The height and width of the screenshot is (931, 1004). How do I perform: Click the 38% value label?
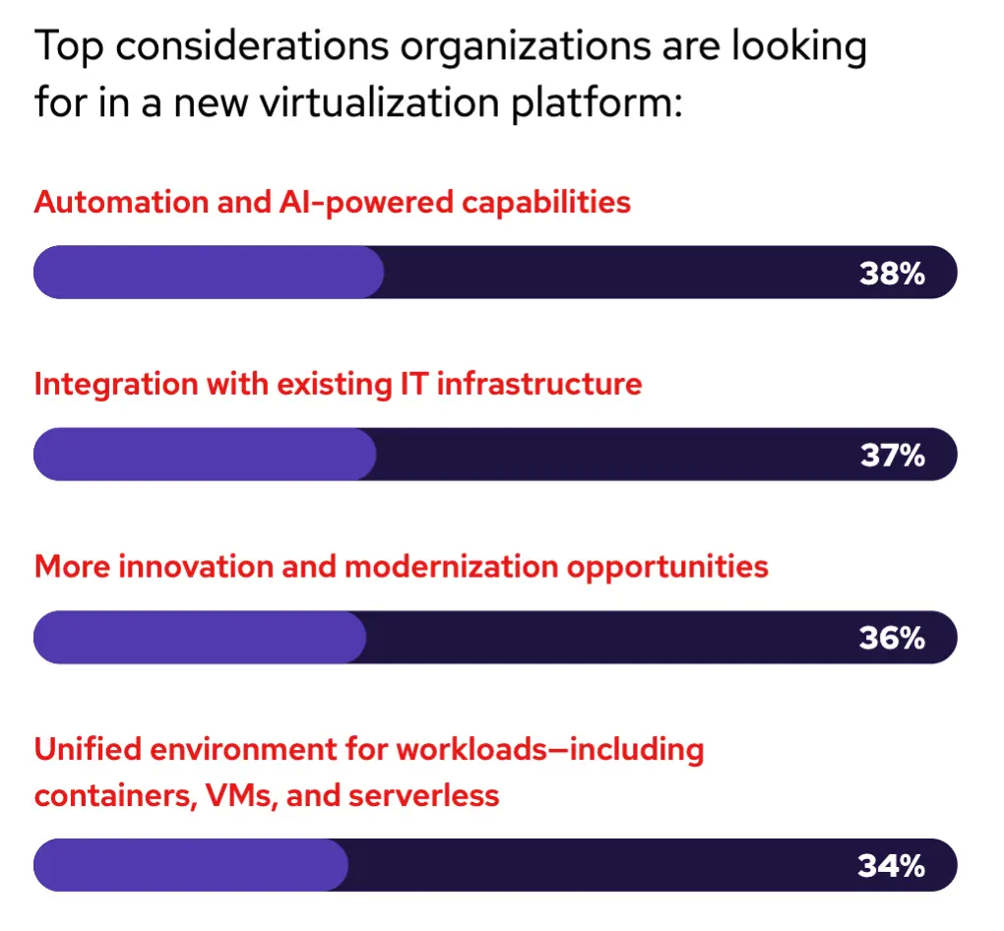[x=892, y=274]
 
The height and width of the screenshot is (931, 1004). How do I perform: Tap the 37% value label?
[x=892, y=456]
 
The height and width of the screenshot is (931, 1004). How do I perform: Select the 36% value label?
[x=892, y=639]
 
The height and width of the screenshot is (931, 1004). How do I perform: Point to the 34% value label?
[x=892, y=866]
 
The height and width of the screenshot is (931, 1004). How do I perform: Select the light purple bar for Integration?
[x=205, y=455]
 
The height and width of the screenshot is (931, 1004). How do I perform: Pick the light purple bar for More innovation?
[x=200, y=638]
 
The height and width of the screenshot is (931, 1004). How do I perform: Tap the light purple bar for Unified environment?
[x=191, y=865]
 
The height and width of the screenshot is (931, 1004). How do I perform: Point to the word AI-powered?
[x=361, y=203]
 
